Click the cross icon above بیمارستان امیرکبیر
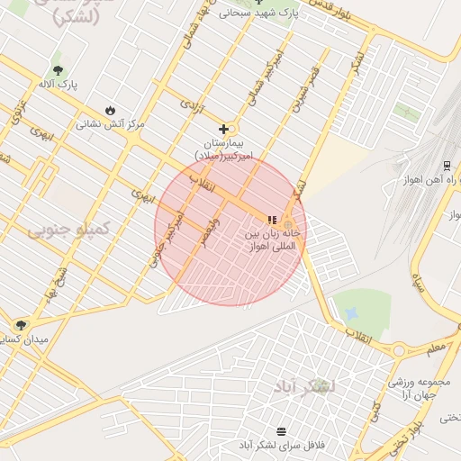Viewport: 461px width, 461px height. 223,129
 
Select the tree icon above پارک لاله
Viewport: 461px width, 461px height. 59,69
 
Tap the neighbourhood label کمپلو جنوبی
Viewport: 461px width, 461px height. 68,230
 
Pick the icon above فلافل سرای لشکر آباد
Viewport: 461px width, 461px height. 282,431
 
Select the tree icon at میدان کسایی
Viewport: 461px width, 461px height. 21,324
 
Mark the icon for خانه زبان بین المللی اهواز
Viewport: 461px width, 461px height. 272,219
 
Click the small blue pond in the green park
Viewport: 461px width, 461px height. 351,312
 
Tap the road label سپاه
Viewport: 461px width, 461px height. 418,283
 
